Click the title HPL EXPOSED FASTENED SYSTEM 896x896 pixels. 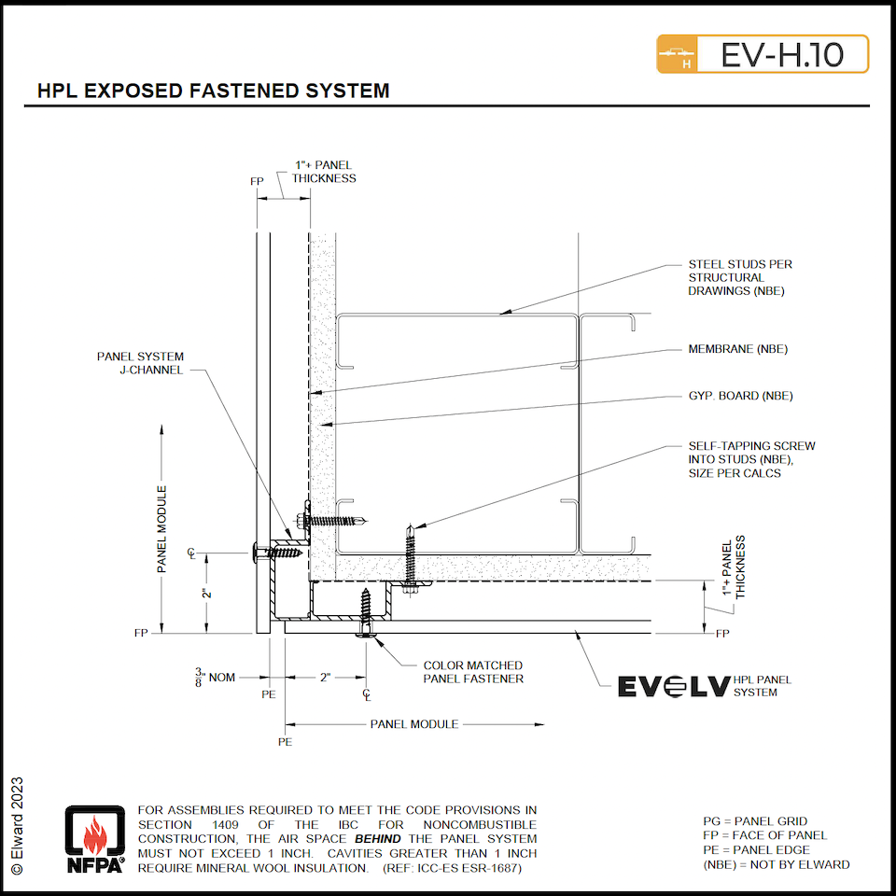[213, 91]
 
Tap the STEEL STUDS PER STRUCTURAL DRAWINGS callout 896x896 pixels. [740, 277]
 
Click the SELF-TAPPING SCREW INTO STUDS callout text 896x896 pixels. [751, 459]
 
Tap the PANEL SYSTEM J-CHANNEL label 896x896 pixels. [140, 363]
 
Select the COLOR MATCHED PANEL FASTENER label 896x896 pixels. [473, 672]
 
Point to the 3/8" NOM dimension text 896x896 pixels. [215, 677]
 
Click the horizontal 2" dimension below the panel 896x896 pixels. [326, 677]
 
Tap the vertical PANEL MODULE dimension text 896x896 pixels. [161, 528]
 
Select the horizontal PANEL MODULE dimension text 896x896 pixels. [414, 723]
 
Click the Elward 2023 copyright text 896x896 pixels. [18, 825]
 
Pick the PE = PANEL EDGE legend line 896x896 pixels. [756, 849]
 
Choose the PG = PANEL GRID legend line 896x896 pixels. [755, 821]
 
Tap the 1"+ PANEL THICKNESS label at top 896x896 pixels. [324, 172]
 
